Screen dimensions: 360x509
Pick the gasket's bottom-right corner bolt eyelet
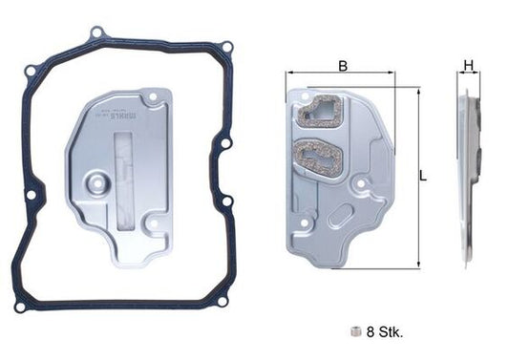(x=223, y=302)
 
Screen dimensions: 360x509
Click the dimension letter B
(x=343, y=67)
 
